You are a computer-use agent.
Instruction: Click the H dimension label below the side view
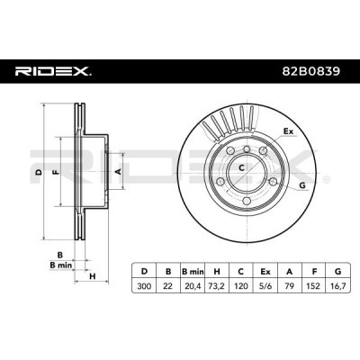tap(93, 276)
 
